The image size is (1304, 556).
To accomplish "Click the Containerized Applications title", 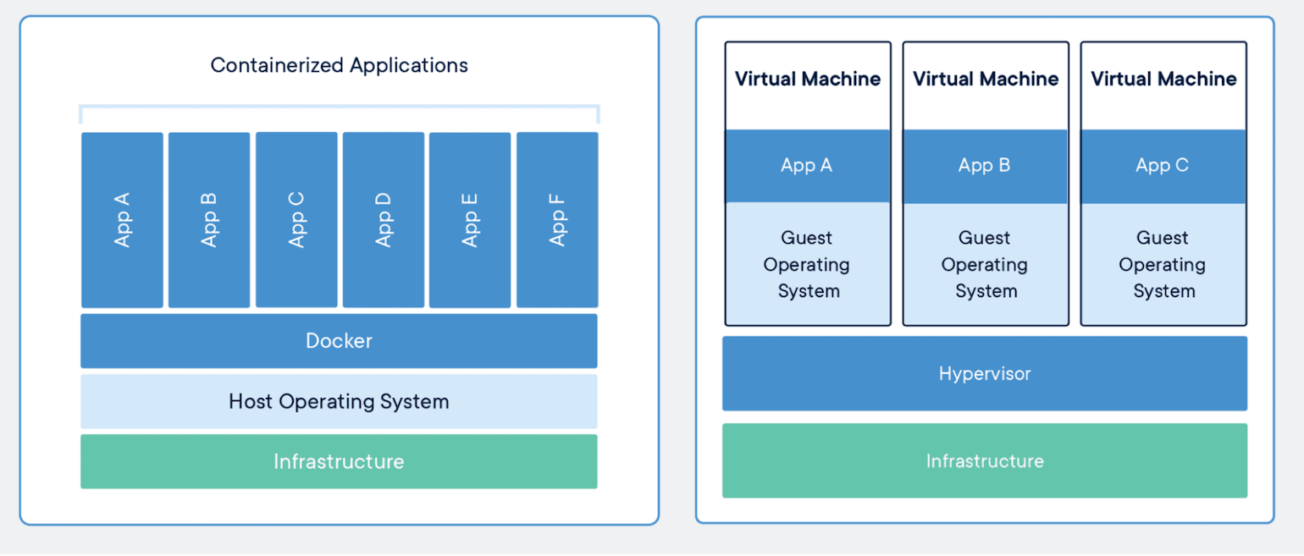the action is point(339,65).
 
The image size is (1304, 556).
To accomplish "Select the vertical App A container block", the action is point(122,220).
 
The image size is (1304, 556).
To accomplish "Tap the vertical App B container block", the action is point(209,220).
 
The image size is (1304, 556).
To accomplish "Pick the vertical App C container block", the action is point(296,220).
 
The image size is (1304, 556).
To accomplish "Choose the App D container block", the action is point(383,220).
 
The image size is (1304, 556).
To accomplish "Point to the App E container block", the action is point(470,220).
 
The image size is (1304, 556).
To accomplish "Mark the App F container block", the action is point(557,220).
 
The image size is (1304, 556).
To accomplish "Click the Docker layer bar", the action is point(339,341).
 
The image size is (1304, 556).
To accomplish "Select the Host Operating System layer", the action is point(339,401).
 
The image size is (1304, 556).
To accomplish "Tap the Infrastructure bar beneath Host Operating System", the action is point(339,461).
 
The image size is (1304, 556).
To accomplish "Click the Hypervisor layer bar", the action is point(985,373).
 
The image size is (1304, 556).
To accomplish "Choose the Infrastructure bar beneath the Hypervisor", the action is point(985,460).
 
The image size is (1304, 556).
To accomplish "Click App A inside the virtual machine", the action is point(808,166).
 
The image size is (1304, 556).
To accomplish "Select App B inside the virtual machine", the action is point(985,166).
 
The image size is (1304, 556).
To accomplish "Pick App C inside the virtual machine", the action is point(1163,166).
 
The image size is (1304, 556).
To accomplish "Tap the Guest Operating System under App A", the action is point(808,263).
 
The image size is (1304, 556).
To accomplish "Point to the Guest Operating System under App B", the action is point(985,263).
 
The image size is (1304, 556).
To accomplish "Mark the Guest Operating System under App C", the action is point(1163,263).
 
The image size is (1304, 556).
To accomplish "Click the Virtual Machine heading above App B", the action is point(985,79).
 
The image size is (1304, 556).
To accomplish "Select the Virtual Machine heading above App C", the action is point(1163,79).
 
